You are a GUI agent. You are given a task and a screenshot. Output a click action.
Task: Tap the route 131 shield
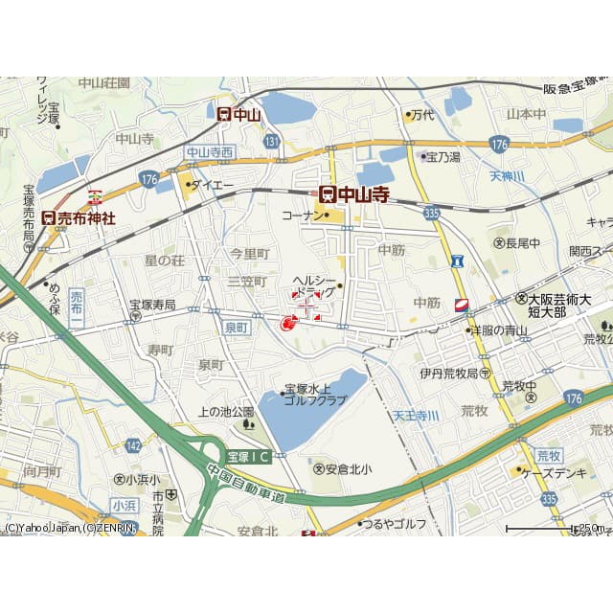tap(273, 142)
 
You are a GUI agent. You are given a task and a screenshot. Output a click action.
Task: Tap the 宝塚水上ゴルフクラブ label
tap(312, 396)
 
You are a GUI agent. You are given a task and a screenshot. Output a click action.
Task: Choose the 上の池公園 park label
tap(226, 412)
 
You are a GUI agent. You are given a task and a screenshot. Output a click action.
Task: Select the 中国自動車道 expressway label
tap(247, 485)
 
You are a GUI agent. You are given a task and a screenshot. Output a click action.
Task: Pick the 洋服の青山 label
tap(503, 330)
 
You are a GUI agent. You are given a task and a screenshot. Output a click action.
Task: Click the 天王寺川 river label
tap(416, 416)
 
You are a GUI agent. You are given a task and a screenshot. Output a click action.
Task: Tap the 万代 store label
tap(421, 115)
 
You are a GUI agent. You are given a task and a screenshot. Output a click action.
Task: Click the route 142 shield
tap(133, 445)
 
